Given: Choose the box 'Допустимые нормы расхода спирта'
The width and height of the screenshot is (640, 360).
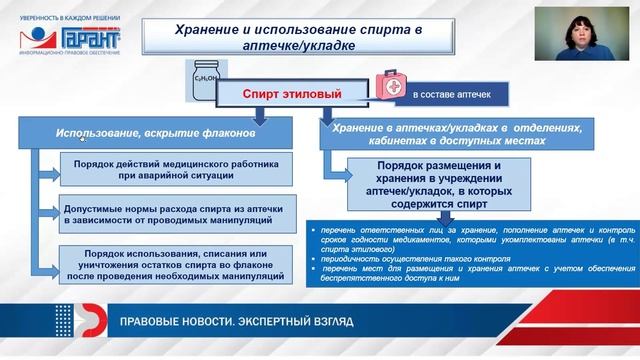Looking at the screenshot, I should point(178,216).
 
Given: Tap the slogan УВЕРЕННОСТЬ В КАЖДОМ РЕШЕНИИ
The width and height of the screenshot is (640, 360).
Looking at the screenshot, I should point(64,10).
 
